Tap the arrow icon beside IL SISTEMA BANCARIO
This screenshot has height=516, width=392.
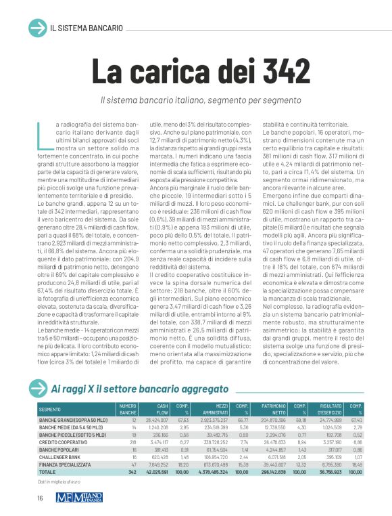point(36,28)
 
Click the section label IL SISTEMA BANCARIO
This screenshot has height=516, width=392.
point(87,28)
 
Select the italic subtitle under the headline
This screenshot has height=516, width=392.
point(200,100)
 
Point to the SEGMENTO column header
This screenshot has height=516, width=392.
point(50,410)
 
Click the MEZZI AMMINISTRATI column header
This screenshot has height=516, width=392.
point(211,410)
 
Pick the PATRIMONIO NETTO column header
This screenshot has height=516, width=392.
point(273,410)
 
